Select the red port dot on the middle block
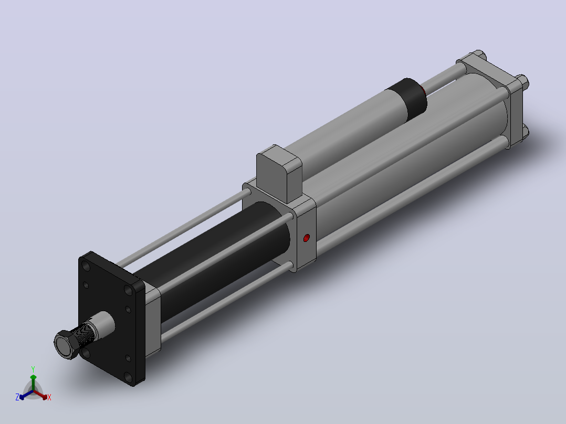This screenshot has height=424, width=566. (x=307, y=238)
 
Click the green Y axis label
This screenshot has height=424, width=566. (x=33, y=369)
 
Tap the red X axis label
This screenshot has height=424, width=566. (x=49, y=397)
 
